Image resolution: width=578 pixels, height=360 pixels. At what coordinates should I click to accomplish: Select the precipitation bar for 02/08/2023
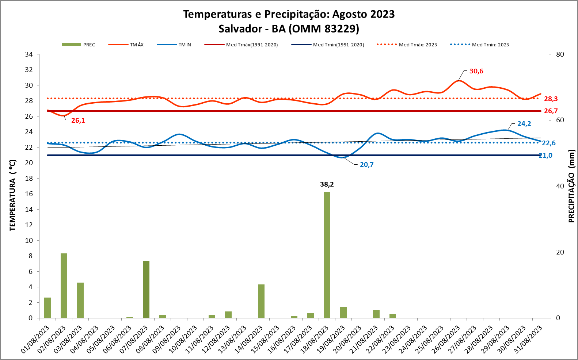point(64,286)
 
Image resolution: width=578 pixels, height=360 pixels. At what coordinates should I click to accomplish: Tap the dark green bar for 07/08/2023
point(146,289)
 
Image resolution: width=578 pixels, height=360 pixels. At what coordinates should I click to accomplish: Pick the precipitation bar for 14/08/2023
point(261,301)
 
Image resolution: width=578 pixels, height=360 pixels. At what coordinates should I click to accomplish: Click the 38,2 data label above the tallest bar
point(327,184)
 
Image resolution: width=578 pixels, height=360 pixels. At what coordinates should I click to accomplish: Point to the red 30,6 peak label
point(476,71)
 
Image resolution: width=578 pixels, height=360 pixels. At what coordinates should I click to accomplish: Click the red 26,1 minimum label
point(78,120)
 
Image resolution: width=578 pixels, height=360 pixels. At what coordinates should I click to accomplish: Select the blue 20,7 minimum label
point(366,165)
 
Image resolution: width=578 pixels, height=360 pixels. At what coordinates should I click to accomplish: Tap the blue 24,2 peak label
point(524,124)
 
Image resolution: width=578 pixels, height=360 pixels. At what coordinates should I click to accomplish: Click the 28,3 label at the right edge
point(551,99)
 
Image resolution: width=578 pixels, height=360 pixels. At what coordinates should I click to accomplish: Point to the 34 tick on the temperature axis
point(29,54)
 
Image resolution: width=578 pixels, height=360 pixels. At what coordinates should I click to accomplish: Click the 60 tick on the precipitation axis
point(560,120)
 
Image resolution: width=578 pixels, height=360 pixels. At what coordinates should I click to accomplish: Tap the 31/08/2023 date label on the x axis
point(528,339)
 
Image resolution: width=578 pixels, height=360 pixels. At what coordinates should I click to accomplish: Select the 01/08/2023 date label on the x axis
point(35,339)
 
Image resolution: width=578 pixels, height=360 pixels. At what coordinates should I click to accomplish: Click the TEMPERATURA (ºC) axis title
point(13,195)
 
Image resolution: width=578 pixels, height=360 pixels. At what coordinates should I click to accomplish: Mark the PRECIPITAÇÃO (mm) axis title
point(571,186)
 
